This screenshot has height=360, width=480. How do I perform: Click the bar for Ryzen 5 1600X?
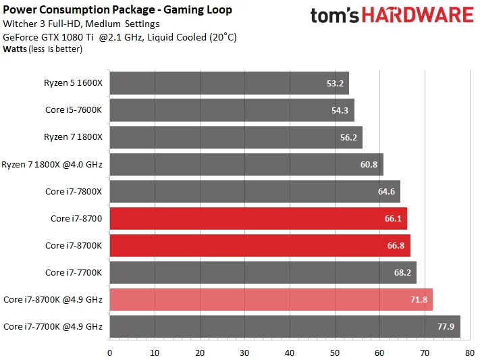click(229, 84)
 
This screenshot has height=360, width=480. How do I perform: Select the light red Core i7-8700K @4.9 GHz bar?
click(271, 299)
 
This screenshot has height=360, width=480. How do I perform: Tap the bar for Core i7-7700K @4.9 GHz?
click(284, 326)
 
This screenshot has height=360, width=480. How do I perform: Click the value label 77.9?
click(445, 326)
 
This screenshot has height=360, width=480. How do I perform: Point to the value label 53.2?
click(335, 84)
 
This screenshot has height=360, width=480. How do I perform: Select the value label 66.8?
click(396, 245)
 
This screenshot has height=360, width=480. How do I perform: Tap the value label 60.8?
click(369, 164)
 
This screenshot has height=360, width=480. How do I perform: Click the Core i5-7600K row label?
click(74, 110)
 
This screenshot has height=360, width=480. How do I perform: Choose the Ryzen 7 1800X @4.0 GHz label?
click(52, 164)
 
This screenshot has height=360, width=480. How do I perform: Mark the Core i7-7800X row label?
click(74, 191)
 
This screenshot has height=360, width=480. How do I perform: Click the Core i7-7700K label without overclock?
click(74, 272)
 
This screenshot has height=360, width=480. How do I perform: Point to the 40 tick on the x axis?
click(290, 352)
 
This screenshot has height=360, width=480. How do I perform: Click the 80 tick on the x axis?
click(469, 352)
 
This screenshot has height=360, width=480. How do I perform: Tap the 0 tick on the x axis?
click(109, 352)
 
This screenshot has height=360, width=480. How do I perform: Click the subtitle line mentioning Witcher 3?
click(81, 24)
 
